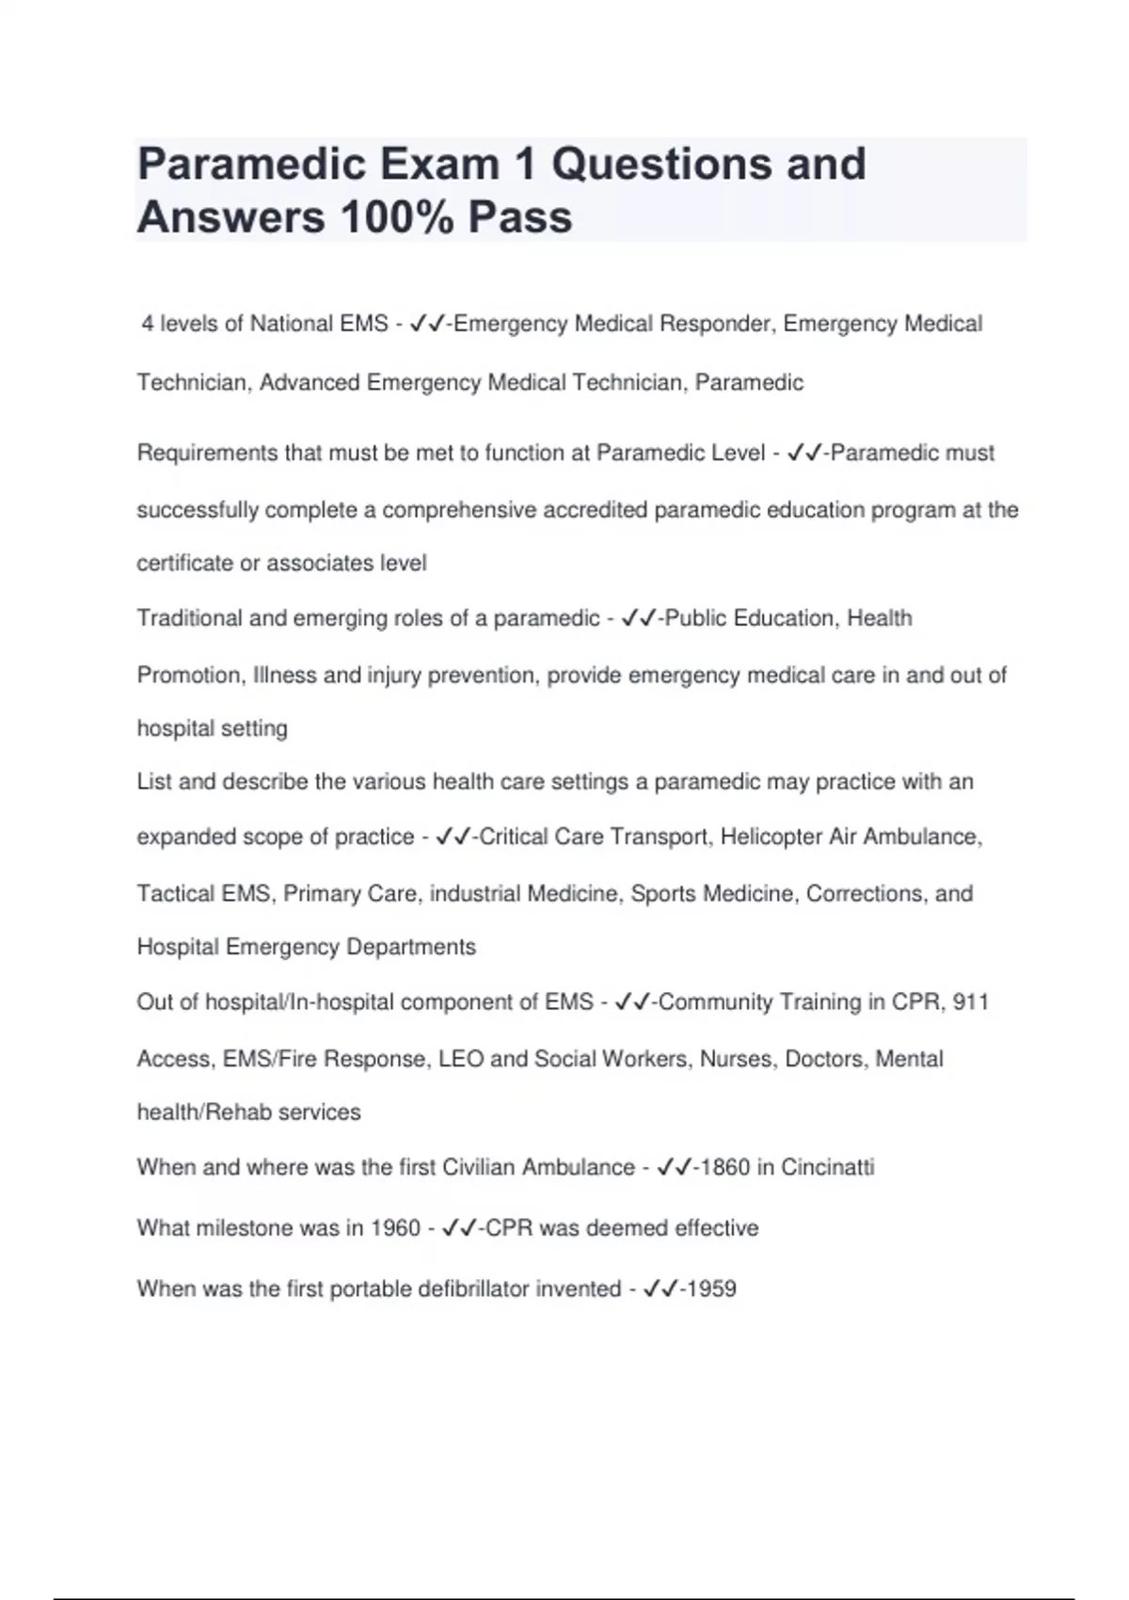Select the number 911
point(970,1002)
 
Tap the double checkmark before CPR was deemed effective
point(459,1227)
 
